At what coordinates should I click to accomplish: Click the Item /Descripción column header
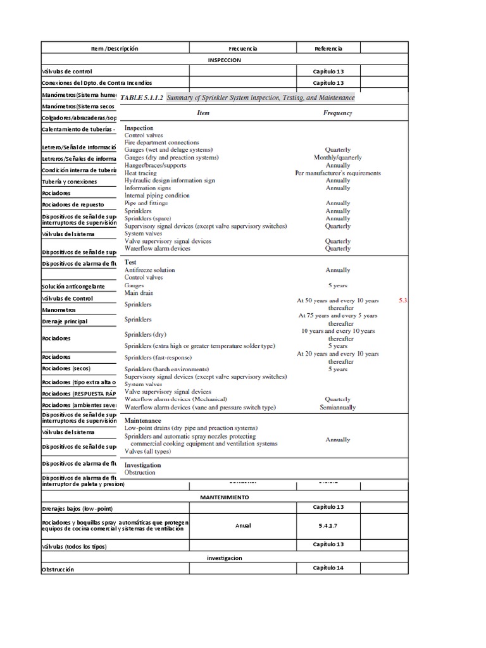(x=115, y=48)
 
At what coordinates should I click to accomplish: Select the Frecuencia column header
(x=243, y=48)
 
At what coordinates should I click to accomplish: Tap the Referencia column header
(x=328, y=48)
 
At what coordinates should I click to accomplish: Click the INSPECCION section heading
(x=225, y=59)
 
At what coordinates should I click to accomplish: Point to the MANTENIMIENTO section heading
(x=225, y=497)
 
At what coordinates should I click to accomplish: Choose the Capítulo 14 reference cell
(x=328, y=568)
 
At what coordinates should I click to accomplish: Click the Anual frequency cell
(x=243, y=525)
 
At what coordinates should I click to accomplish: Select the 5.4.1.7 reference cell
(x=328, y=525)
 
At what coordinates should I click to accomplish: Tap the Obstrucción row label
(x=58, y=570)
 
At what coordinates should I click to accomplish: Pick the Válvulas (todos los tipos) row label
(x=74, y=546)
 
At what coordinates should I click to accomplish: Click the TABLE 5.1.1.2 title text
(x=141, y=97)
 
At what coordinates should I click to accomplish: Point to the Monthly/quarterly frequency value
(x=338, y=158)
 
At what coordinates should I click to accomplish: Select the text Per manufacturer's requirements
(x=338, y=173)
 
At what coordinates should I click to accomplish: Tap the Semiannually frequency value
(x=338, y=407)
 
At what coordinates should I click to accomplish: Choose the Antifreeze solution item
(x=149, y=270)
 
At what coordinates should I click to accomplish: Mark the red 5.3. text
(x=404, y=300)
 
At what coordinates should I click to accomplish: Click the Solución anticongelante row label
(x=73, y=287)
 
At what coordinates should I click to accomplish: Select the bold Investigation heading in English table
(x=143, y=464)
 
